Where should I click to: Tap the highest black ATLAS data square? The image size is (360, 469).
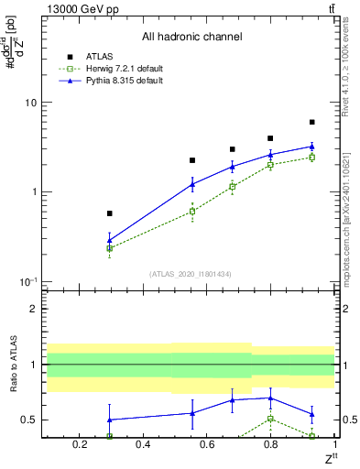[x=311, y=122]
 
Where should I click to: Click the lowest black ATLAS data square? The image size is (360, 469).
[x=110, y=213]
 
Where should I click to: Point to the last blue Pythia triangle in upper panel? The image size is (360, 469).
[x=311, y=147]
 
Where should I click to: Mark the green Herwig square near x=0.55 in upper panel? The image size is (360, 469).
[x=192, y=211]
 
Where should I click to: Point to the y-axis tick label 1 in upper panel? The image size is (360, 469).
[x=33, y=191]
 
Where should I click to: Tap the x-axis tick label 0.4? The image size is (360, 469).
[x=142, y=445]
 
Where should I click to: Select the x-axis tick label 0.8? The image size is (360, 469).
[x=270, y=445]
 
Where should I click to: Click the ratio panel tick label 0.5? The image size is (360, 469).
[x=28, y=420]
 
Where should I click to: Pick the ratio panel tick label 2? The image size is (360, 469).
[x=33, y=309]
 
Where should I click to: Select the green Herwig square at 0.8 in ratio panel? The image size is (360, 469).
[x=270, y=419]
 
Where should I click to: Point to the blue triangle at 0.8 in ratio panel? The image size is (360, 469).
[x=270, y=398]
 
